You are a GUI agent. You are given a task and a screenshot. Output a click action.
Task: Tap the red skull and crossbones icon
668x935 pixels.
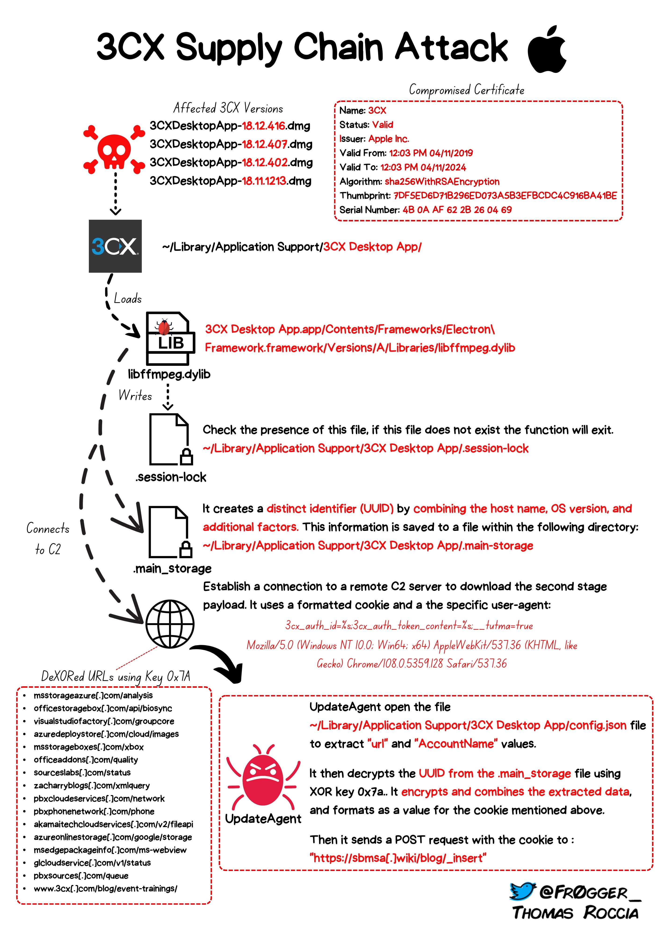114,150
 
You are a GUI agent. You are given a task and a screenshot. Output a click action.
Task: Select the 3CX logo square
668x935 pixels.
115,246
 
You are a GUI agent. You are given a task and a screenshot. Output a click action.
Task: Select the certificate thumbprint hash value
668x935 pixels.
505,195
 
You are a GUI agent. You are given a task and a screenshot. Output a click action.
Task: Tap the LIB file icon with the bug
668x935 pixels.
170,338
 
